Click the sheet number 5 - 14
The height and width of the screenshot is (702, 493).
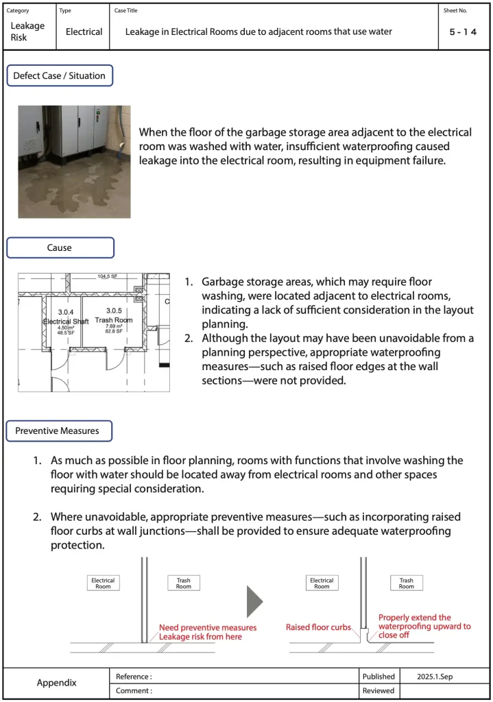[463, 32]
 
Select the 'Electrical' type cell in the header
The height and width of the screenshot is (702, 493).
[84, 32]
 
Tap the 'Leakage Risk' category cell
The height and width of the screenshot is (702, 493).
[27, 32]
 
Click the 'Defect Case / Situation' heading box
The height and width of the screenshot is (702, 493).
[59, 75]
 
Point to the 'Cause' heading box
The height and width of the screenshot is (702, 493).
[60, 247]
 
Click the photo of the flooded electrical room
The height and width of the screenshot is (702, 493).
[74, 161]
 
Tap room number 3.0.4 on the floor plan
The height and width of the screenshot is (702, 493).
[66, 312]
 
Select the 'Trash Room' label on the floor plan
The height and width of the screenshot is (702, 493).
[114, 320]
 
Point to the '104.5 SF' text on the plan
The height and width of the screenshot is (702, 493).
[108, 276]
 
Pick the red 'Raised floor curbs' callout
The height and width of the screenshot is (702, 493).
[318, 627]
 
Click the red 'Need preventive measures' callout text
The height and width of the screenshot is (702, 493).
[208, 627]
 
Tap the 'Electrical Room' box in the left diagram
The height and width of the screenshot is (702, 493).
[103, 583]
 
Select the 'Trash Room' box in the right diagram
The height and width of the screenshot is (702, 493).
[407, 583]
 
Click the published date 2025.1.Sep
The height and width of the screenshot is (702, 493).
[435, 677]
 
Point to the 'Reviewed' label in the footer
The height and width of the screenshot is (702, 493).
[378, 690]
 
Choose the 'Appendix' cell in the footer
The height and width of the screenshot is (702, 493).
[56, 683]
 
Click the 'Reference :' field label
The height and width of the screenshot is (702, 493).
[134, 677]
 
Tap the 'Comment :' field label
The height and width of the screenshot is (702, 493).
[134, 690]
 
